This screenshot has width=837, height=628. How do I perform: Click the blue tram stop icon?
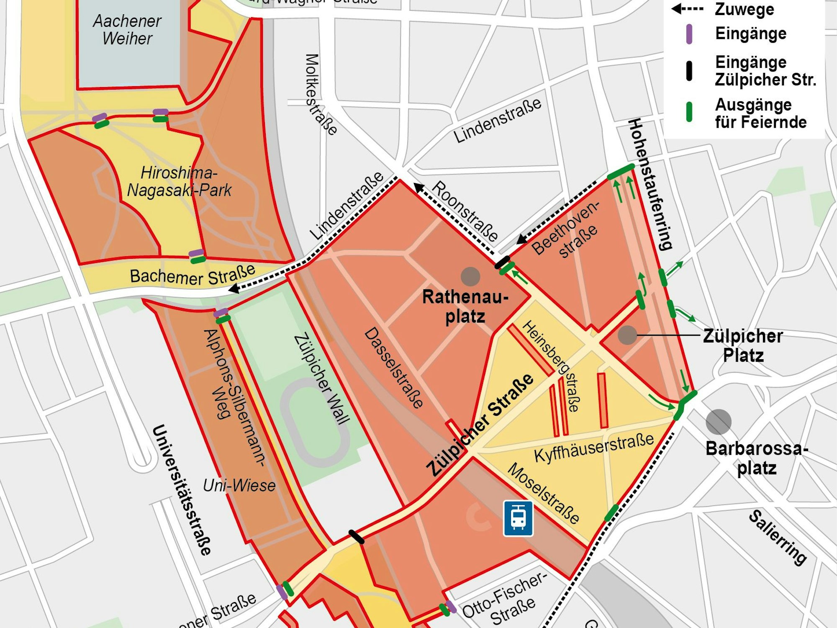pyautogui.click(x=518, y=518)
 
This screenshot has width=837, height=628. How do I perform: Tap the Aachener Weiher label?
pyautogui.click(x=127, y=30)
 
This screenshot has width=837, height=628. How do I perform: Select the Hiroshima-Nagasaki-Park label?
pyautogui.click(x=179, y=181)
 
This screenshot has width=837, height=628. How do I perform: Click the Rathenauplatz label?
pyautogui.click(x=465, y=306)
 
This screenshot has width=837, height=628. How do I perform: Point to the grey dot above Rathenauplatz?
pyautogui.click(x=470, y=276)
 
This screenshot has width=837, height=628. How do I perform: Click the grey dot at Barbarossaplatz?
pyautogui.click(x=718, y=422)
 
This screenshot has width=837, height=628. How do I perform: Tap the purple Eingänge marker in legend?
pyautogui.click(x=689, y=34)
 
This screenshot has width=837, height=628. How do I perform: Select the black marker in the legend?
pyautogui.click(x=689, y=71)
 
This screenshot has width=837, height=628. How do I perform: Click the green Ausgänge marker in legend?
pyautogui.click(x=689, y=112)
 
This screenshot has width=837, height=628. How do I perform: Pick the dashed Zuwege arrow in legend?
pyautogui.click(x=687, y=9)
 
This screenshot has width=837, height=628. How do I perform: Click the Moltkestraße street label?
pyautogui.click(x=320, y=94)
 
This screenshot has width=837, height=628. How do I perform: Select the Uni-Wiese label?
pyautogui.click(x=239, y=486)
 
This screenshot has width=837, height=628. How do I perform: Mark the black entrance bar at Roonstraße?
pyautogui.click(x=502, y=263)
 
